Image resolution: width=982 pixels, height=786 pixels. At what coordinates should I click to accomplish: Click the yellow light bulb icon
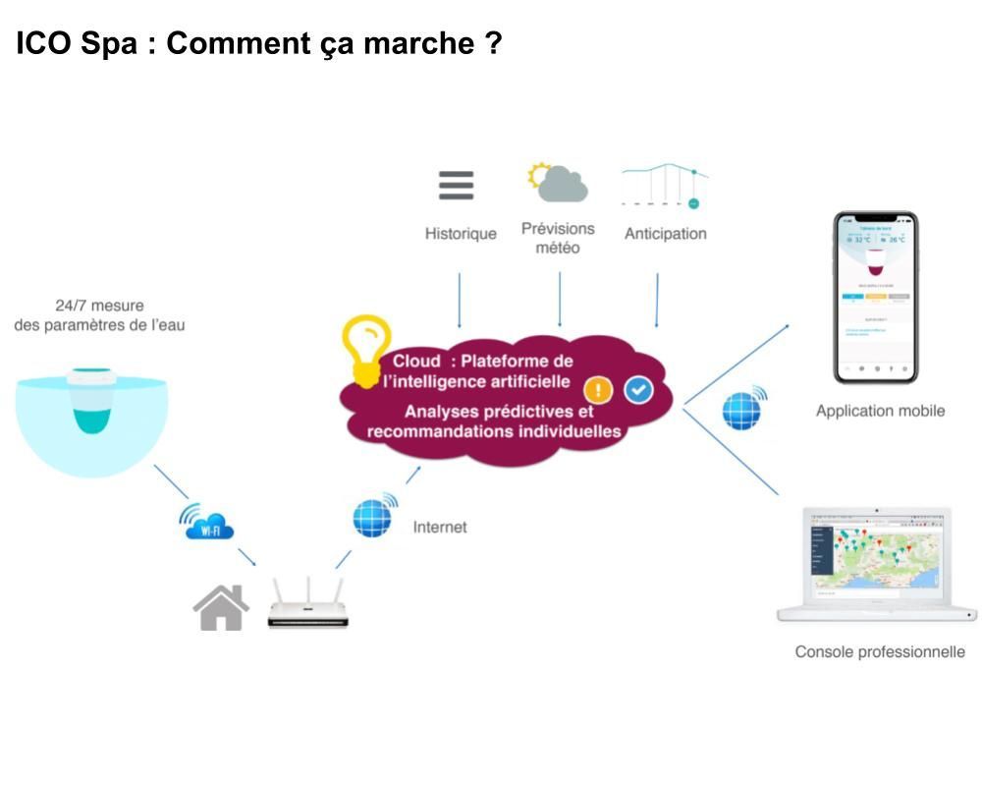(365, 350)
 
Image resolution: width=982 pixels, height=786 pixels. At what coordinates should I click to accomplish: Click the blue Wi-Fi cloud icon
(208, 522)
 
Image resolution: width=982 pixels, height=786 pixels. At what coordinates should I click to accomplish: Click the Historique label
(461, 234)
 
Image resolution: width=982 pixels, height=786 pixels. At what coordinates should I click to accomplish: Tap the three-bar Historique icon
(456, 186)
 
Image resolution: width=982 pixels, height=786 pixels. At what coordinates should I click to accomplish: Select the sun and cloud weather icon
(557, 183)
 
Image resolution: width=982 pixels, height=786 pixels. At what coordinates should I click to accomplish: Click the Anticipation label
(665, 234)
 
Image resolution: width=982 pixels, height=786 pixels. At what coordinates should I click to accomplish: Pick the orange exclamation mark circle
(598, 390)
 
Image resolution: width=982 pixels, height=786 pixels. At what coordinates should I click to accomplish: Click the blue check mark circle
(638, 390)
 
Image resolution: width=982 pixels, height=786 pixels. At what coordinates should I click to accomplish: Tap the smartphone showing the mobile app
(875, 297)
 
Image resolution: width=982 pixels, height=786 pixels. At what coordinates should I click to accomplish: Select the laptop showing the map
(877, 563)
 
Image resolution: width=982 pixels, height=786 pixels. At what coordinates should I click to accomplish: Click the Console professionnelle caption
(880, 651)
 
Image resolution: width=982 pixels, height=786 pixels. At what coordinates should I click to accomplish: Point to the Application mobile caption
(880, 411)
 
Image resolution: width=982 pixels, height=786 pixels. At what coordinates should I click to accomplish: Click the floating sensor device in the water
(92, 400)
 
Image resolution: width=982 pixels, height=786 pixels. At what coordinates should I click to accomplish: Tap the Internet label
(440, 528)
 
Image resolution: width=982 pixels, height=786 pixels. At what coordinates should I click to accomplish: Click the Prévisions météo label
(558, 238)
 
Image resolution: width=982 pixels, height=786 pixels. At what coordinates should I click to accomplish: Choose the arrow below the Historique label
(459, 300)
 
